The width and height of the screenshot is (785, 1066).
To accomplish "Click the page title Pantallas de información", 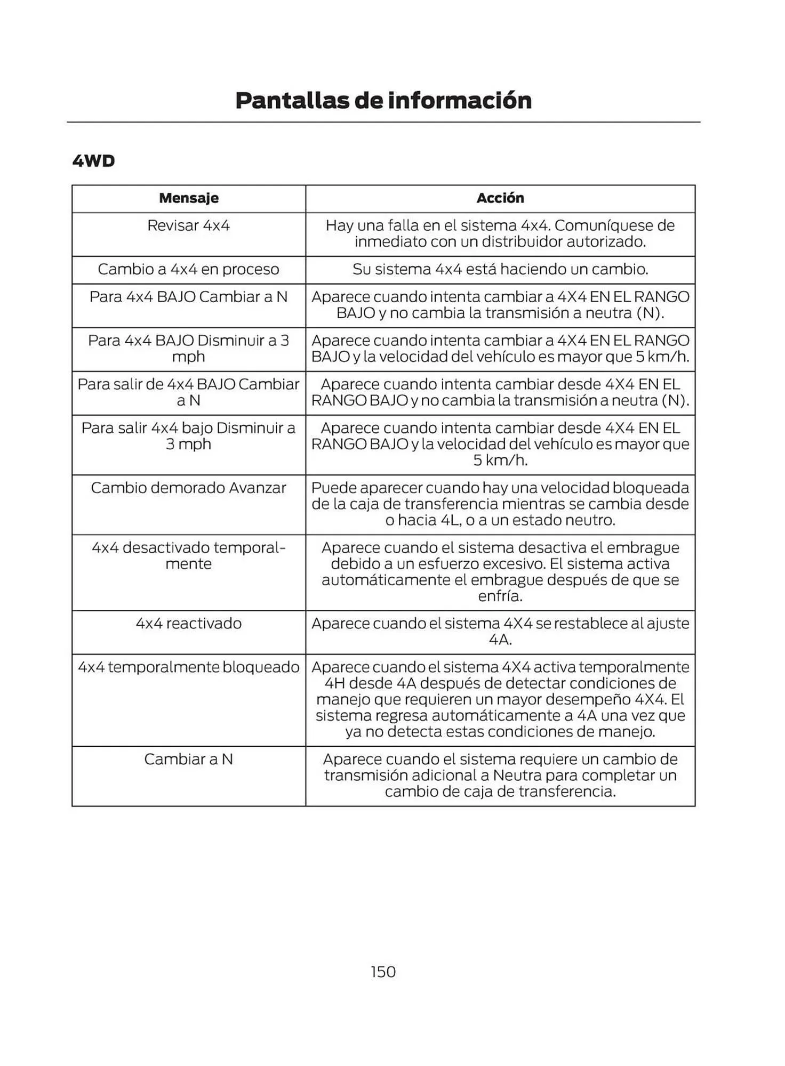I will [x=383, y=100].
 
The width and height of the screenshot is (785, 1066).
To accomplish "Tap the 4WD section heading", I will [x=94, y=161].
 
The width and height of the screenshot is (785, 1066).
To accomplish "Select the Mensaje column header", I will [x=189, y=198].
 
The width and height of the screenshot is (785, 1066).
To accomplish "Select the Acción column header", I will [x=500, y=198].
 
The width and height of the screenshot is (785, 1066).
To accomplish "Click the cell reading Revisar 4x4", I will [x=189, y=225].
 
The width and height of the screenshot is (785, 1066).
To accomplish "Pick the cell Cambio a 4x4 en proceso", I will [x=189, y=269].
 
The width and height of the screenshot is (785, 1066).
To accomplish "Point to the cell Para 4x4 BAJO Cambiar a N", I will [x=189, y=297].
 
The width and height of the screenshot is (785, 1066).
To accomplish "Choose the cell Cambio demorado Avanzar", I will [x=189, y=488].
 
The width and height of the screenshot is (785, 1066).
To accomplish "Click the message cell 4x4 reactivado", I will [x=189, y=623].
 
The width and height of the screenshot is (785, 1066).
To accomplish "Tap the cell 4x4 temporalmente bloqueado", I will [x=189, y=667].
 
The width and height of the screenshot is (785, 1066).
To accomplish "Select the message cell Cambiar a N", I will [x=189, y=759].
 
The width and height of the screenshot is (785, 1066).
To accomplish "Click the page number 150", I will [x=383, y=972].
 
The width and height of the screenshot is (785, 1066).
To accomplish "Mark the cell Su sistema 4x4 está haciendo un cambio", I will [x=500, y=269].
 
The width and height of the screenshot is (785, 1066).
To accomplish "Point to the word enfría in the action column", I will [x=500, y=596].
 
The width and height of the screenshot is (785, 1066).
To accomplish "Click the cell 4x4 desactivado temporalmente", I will [x=189, y=555].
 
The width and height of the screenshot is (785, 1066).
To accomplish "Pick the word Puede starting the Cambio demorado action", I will [x=333, y=488].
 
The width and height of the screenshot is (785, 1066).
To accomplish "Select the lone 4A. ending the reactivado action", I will [x=500, y=640].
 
